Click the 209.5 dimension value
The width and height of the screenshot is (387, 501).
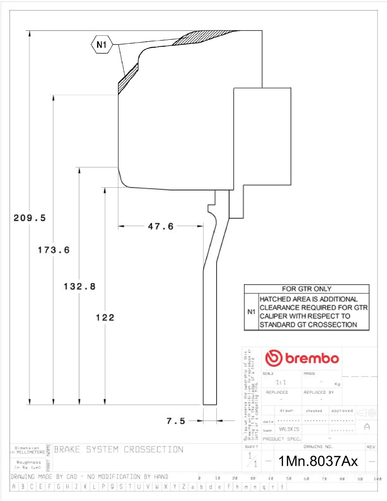click(30, 218)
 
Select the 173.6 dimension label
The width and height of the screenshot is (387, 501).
click(54, 250)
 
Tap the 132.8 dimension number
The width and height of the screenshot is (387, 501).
click(80, 287)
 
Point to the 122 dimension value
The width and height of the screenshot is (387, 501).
click(105, 318)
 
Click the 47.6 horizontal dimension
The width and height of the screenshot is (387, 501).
click(161, 226)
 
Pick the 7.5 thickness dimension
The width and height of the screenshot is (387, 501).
click(176, 421)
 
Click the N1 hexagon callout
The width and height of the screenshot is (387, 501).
click(102, 45)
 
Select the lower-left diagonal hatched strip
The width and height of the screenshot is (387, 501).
click(128, 78)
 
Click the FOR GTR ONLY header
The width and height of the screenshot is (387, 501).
click(307, 289)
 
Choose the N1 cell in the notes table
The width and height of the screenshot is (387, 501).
click(251, 312)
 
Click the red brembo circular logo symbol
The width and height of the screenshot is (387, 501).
click(274, 358)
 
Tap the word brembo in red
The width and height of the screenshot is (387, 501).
click(312, 358)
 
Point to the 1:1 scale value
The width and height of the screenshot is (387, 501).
click(281, 382)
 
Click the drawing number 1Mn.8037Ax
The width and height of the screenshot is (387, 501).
click(318, 461)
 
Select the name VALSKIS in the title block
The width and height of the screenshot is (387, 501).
click(289, 429)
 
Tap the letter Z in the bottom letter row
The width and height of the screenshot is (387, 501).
click(184, 487)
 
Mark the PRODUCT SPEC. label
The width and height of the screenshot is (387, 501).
click(282, 439)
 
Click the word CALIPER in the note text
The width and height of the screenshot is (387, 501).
click(273, 316)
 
